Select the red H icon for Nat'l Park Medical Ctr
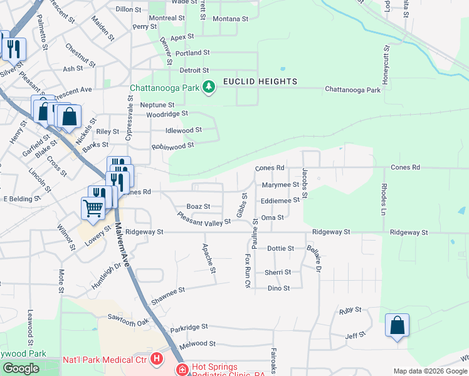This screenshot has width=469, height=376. [156, 360]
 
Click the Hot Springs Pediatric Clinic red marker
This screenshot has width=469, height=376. [182, 369]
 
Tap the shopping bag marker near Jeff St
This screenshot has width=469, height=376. [397, 326]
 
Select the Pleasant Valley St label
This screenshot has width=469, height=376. [204, 219]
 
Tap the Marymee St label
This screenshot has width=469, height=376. [280, 185]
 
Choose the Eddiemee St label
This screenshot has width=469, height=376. [280, 201]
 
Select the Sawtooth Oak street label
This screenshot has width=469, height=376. [129, 320]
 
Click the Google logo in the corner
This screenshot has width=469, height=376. [21, 368]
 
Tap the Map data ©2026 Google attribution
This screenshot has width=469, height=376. [429, 371]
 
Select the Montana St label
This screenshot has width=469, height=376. [227, 19]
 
